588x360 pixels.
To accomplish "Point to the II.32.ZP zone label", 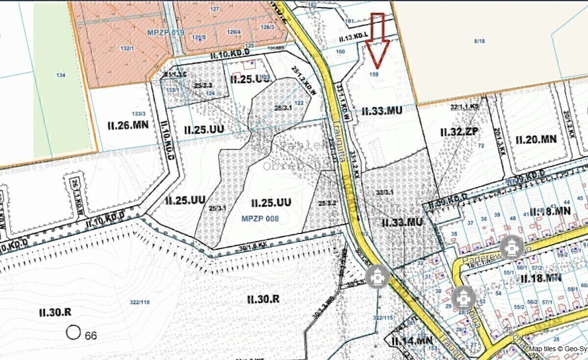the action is pyautogui.click(x=458, y=131).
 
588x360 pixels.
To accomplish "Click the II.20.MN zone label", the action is pyautogui.click(x=536, y=139).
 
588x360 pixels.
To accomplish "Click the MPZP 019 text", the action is pyautogui.click(x=165, y=32).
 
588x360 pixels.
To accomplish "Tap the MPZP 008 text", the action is pyautogui.click(x=260, y=218).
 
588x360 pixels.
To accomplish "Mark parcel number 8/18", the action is pyautogui.click(x=479, y=41).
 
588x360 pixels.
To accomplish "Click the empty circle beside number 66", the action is pyautogui.click(x=73, y=333).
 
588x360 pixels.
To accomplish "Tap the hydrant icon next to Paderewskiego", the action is pyautogui.click(x=511, y=247).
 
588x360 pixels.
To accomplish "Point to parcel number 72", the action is pyautogui.click(x=481, y=145).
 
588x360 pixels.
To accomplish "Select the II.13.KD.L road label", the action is pyautogui.click(x=352, y=38).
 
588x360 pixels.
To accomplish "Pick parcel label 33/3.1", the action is pyautogui.click(x=385, y=192).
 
